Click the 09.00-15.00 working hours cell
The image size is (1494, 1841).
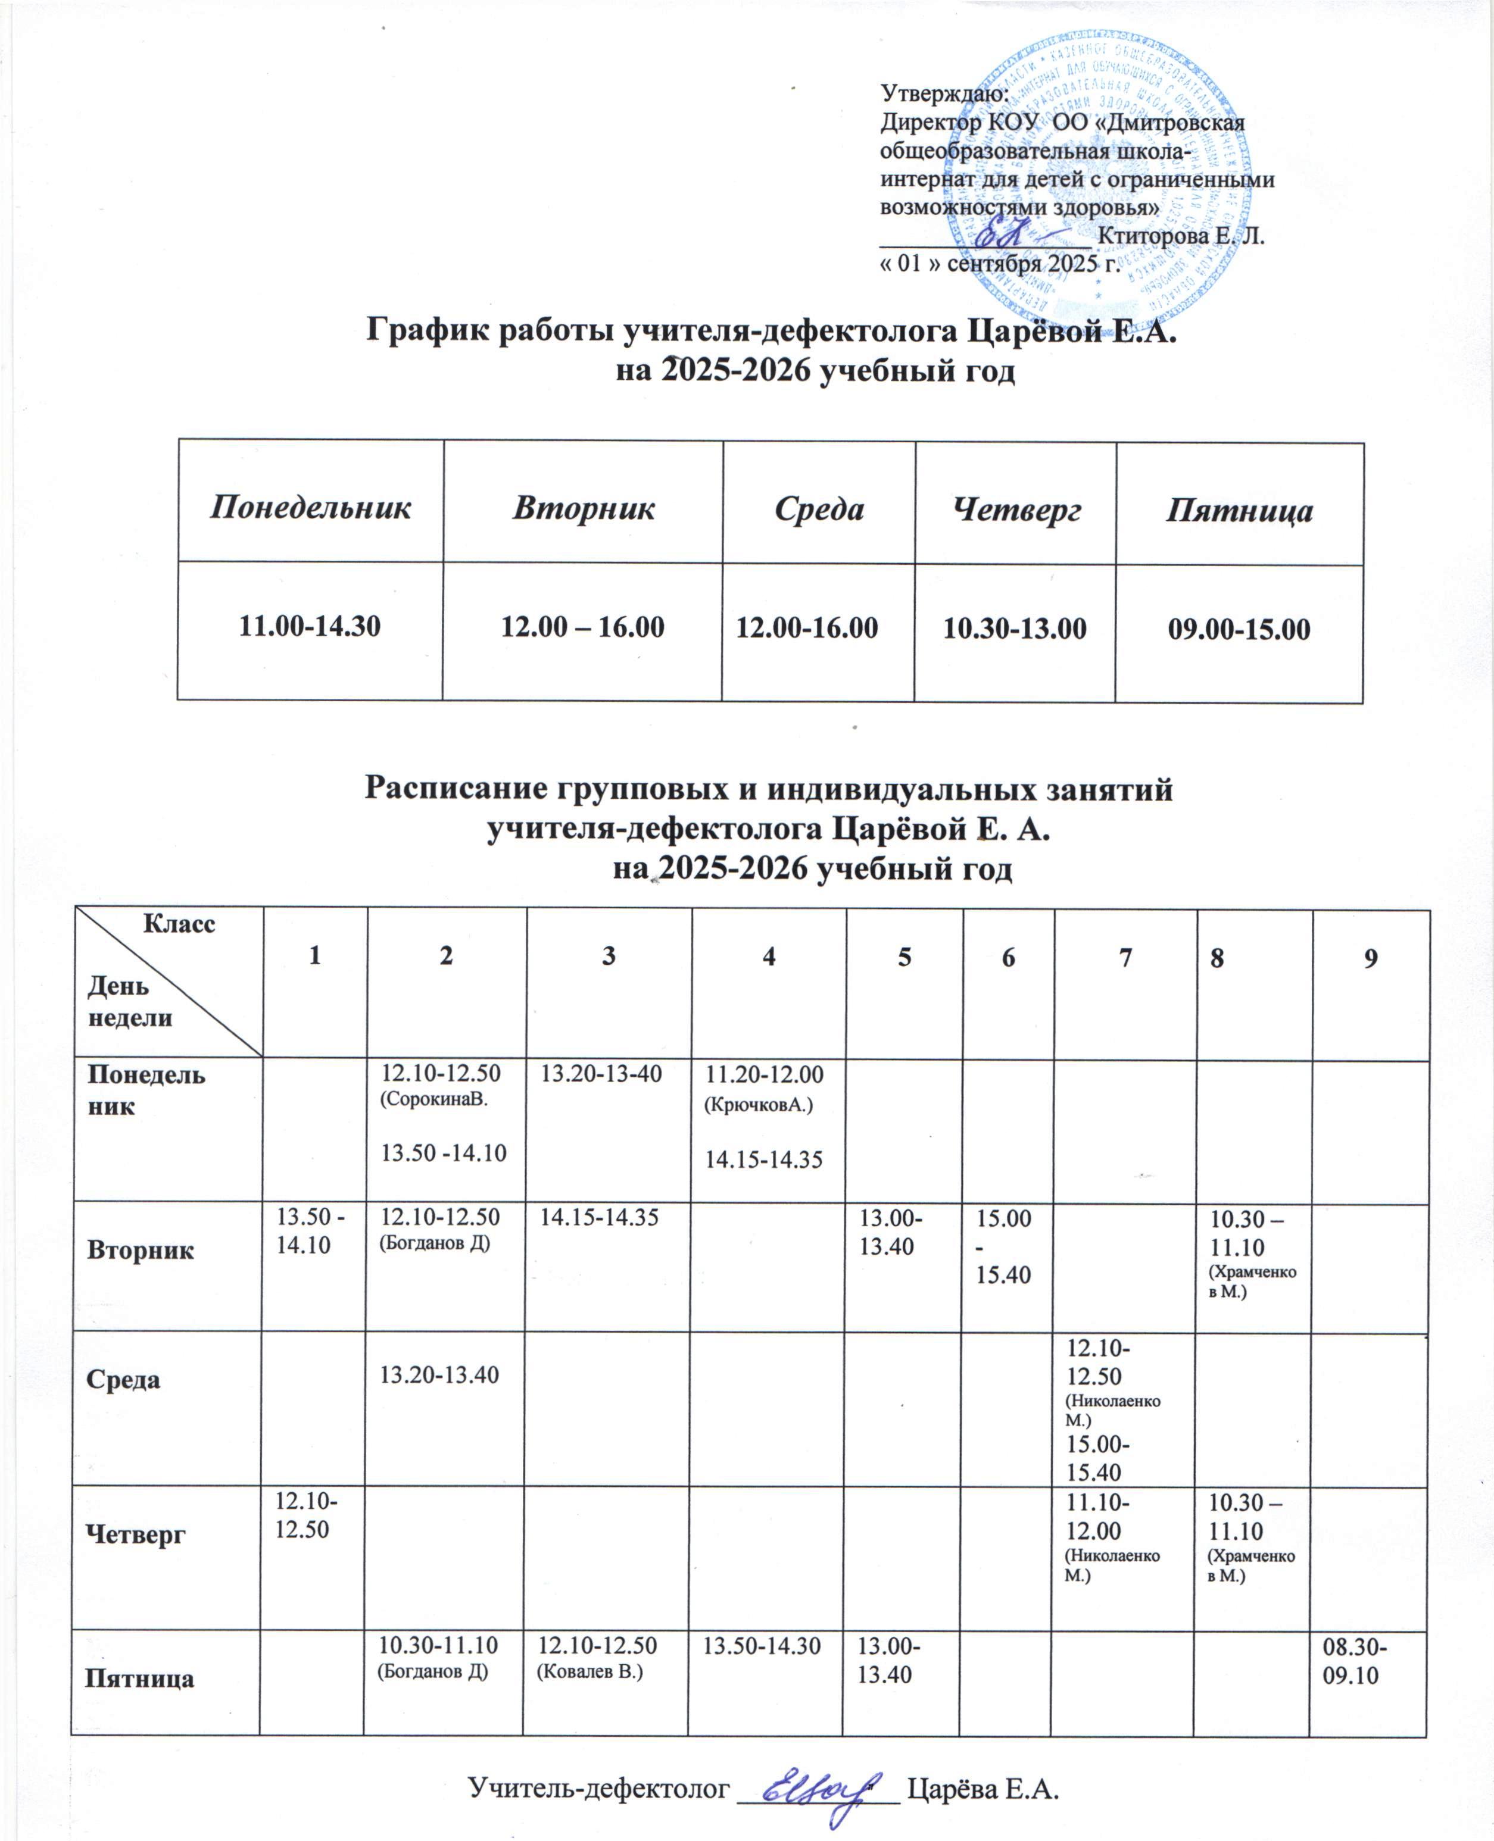click(1239, 630)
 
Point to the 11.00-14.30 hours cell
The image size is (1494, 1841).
click(310, 626)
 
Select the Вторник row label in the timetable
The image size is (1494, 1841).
click(139, 1249)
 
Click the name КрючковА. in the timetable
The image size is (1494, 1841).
click(757, 1105)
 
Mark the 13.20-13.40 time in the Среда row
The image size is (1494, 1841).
click(440, 1376)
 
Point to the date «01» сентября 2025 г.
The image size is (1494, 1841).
click(999, 263)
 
